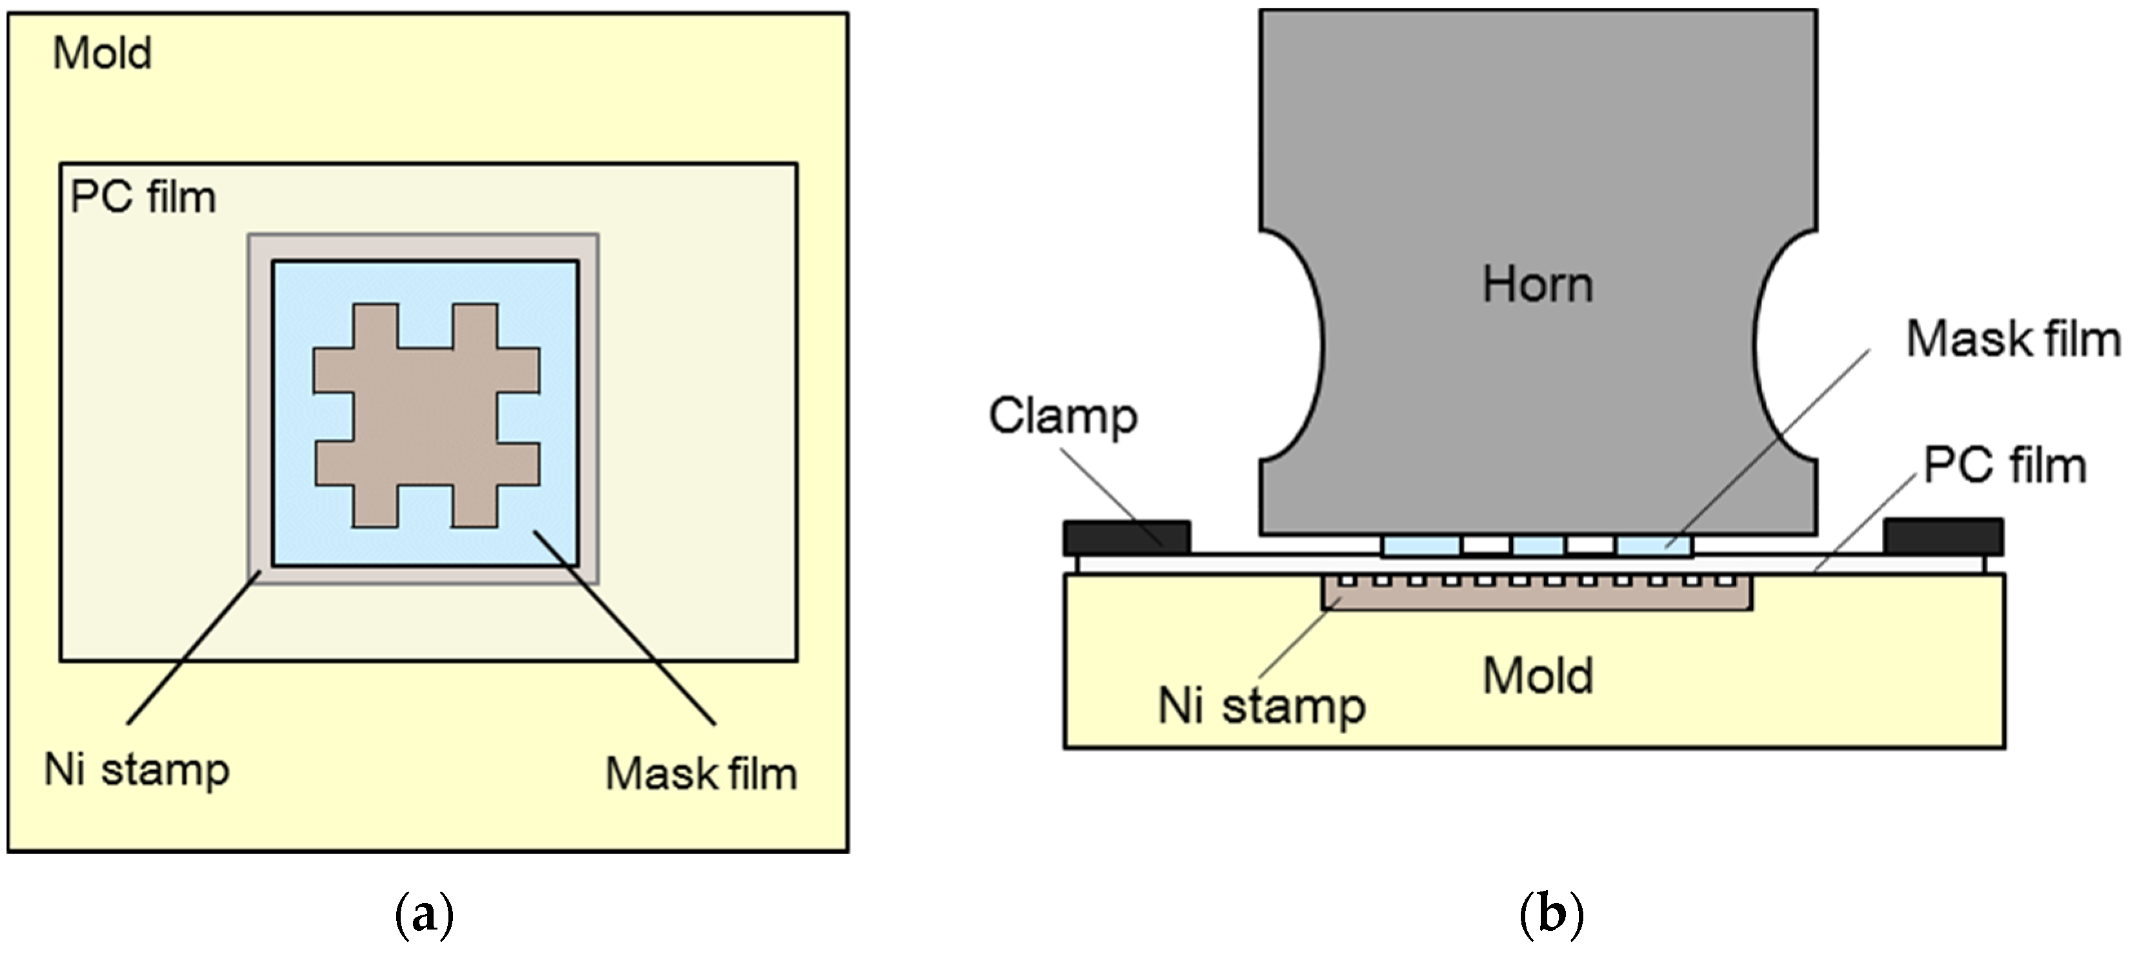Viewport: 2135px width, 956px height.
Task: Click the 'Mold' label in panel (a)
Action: coord(102,54)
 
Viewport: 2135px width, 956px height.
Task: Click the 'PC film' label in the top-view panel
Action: coord(143,198)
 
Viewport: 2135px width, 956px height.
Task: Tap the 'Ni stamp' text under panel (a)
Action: coord(136,770)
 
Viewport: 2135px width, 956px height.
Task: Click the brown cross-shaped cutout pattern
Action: coord(426,414)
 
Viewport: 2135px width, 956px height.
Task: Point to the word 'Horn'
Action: coord(1537,285)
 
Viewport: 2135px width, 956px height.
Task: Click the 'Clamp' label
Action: coord(1063,416)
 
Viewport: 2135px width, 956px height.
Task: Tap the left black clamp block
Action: coord(1127,537)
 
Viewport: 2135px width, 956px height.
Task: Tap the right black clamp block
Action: coord(1943,536)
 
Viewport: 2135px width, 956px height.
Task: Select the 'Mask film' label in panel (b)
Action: coord(2012,339)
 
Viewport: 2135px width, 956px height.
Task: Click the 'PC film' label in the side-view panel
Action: coord(2004,465)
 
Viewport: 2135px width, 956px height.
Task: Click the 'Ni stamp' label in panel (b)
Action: coord(1261,706)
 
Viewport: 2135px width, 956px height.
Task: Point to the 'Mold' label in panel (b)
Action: coord(1537,676)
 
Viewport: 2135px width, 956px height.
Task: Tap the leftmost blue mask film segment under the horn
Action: coord(1421,545)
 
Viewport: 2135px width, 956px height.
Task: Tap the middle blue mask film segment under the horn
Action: coord(1538,545)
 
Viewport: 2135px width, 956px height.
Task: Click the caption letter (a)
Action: coord(425,915)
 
